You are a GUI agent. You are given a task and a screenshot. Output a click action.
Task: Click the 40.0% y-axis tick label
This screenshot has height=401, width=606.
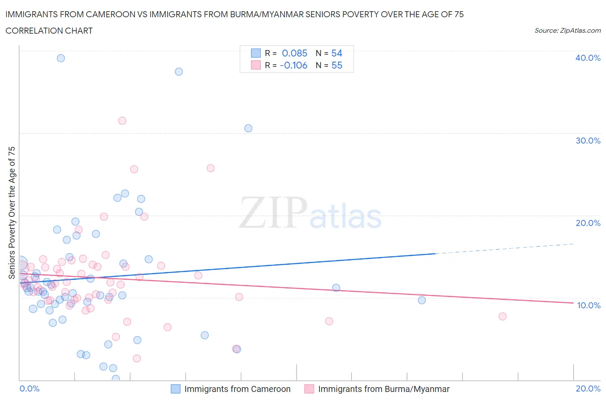click(587, 58)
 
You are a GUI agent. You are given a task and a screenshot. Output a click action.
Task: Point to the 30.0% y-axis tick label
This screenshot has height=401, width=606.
click(587, 141)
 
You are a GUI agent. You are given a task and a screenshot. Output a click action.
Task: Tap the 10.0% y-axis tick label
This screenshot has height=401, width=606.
click(588, 305)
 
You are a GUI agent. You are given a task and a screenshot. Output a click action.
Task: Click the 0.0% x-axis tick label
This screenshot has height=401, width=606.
click(29, 388)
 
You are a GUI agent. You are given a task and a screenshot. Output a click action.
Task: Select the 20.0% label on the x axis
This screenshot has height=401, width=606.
click(588, 388)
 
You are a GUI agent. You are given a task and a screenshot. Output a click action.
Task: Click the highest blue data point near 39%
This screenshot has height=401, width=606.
click(61, 58)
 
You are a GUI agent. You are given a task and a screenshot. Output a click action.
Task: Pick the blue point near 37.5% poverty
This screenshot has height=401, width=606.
click(179, 72)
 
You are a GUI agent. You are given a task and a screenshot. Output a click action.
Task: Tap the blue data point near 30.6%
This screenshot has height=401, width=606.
click(248, 128)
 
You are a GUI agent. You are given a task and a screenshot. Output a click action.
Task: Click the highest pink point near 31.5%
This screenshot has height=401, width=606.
click(122, 121)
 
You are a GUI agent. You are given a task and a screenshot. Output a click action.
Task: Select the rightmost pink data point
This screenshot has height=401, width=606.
click(503, 316)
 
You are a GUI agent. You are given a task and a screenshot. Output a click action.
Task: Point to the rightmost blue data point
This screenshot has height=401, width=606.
click(422, 300)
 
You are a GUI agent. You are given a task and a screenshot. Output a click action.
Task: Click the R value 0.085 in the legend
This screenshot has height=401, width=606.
click(294, 53)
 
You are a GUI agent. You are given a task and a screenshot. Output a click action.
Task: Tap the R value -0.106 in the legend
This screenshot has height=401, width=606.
click(294, 65)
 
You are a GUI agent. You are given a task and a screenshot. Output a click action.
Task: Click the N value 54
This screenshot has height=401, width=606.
click(337, 53)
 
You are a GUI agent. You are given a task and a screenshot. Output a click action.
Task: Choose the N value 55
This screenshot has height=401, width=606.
click(337, 65)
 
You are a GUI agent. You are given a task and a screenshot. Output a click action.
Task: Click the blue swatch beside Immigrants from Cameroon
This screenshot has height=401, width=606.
click(175, 389)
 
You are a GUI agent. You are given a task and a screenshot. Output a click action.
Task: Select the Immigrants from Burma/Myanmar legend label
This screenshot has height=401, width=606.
click(384, 389)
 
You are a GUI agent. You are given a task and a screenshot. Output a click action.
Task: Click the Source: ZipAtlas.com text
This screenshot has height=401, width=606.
click(567, 31)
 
